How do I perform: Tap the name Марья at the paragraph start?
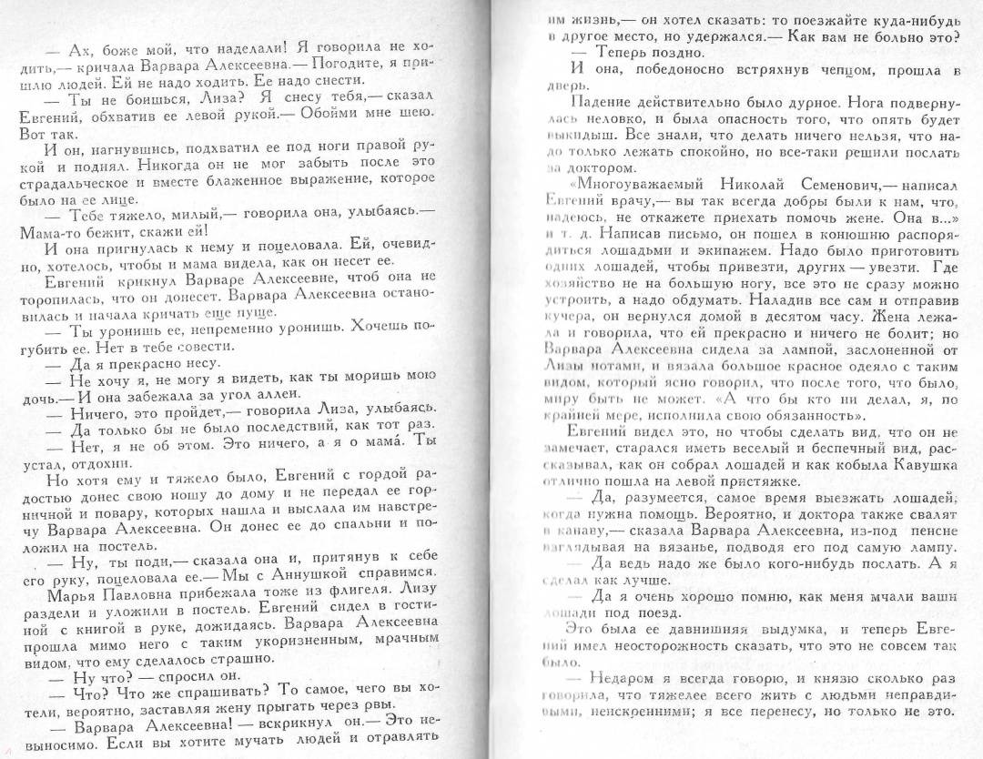coord(69,592)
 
